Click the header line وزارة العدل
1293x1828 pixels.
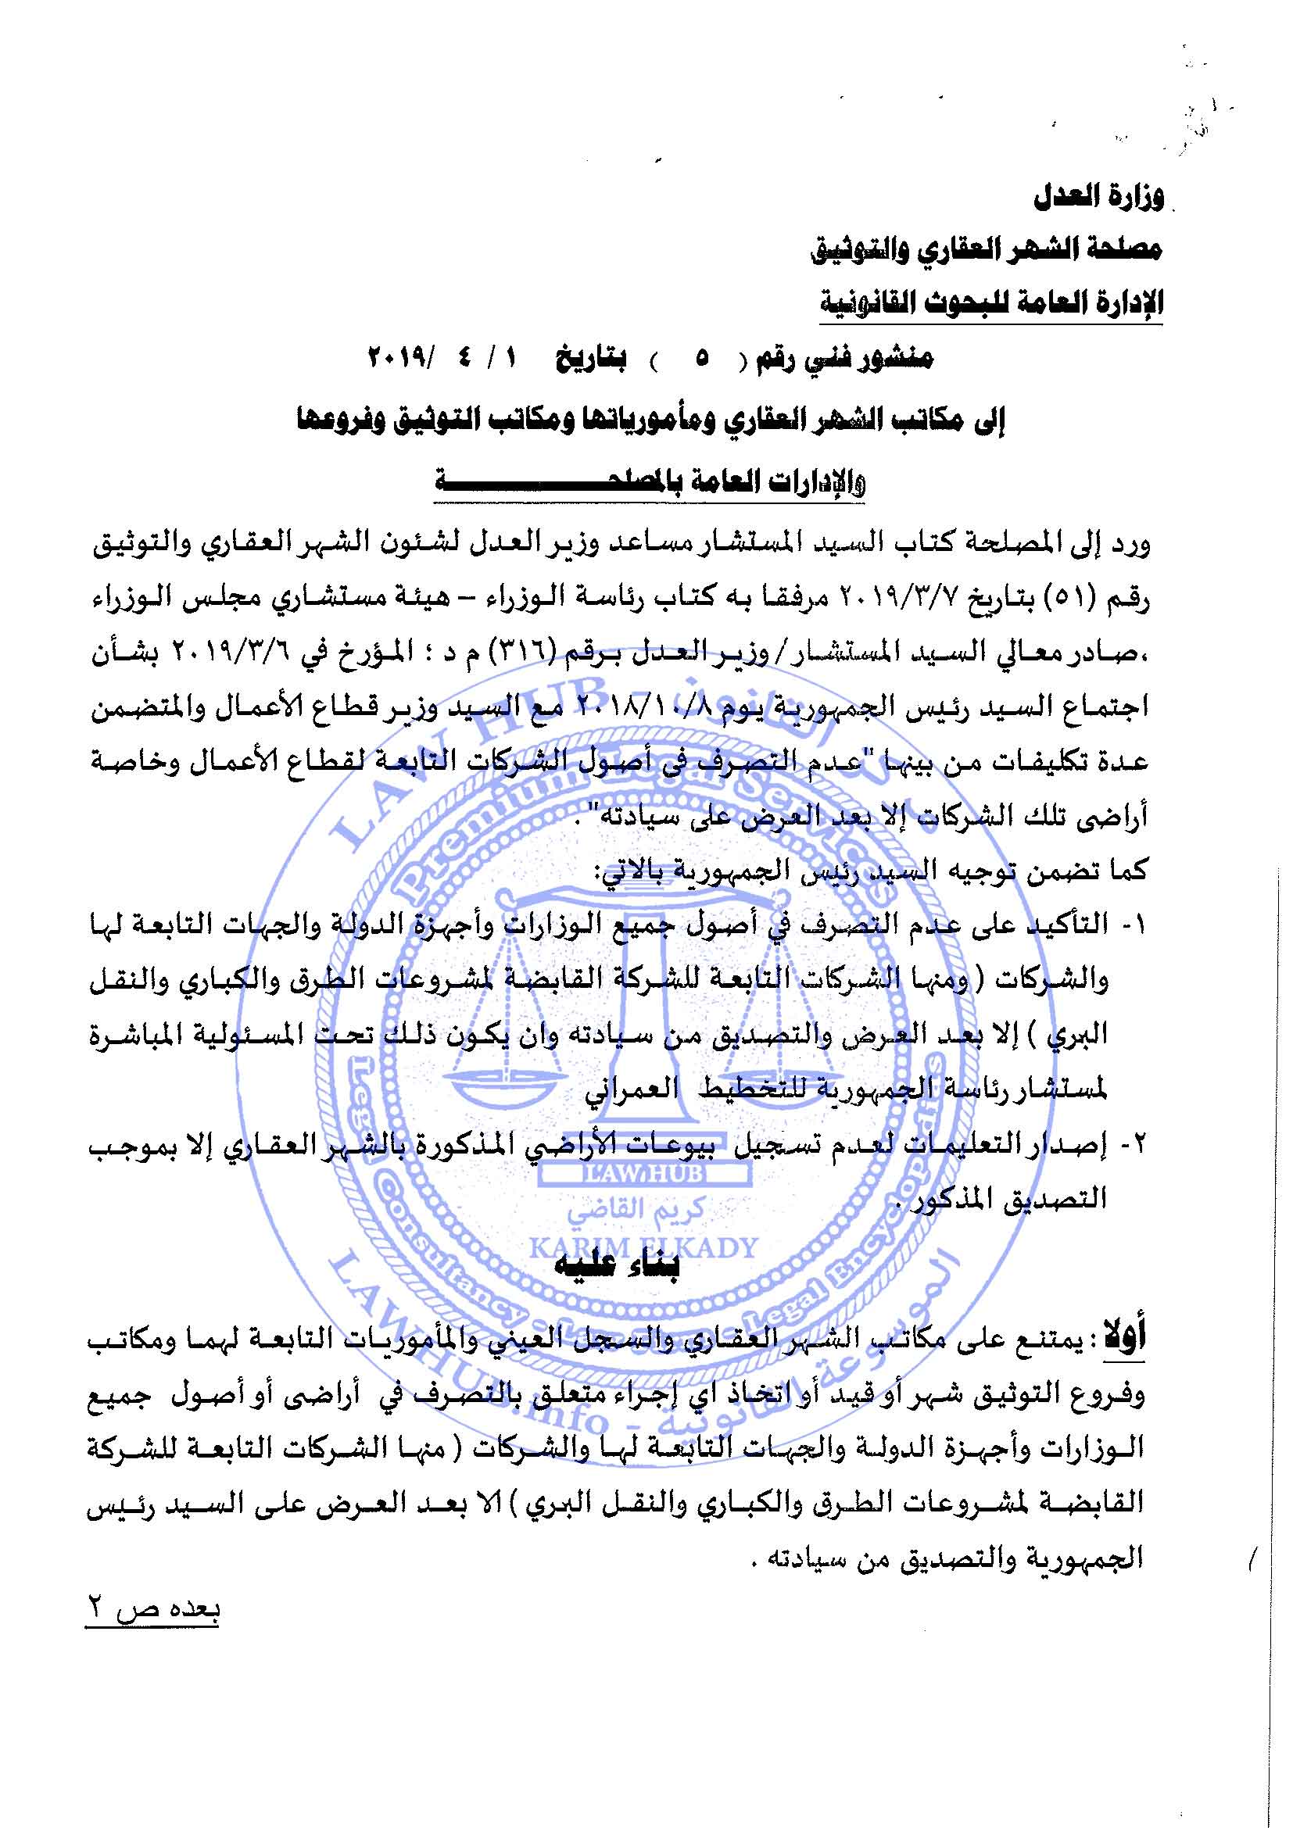pyautogui.click(x=1098, y=197)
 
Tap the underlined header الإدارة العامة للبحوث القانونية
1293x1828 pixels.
pyautogui.click(x=991, y=303)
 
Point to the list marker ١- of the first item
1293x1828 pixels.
pyautogui.click(x=1134, y=925)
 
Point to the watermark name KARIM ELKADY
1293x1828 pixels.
pyautogui.click(x=643, y=1247)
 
